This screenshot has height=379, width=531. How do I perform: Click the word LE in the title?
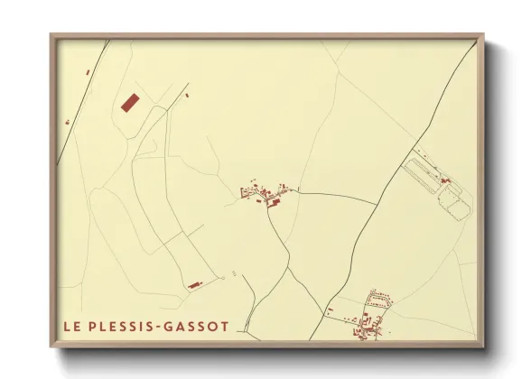[x=70, y=326]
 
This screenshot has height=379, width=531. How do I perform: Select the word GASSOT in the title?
[x=199, y=326]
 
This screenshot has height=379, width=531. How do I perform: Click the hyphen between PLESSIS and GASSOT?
[x=164, y=326]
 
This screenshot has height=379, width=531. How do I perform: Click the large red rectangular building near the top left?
[x=129, y=101]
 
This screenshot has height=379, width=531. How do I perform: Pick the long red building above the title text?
[x=192, y=286]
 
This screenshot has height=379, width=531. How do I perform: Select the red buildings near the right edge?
[x=444, y=181]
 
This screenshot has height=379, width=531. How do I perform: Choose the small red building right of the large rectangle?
[x=186, y=93]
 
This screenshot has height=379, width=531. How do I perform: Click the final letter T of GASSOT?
[x=224, y=326]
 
